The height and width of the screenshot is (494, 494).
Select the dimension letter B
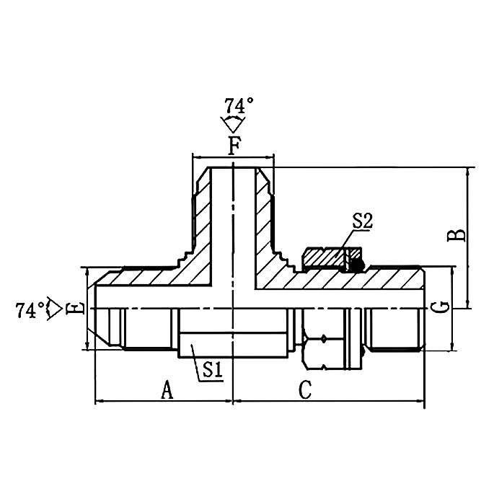(456, 234)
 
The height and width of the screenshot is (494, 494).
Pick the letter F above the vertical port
(234, 146)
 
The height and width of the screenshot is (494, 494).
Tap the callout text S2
(361, 222)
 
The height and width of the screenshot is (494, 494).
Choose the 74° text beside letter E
(29, 310)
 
